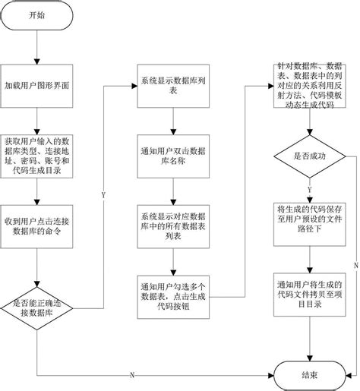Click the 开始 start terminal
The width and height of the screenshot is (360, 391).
[36, 16]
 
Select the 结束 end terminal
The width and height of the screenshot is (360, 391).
[310, 374]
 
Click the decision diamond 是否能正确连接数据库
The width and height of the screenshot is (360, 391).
[36, 308]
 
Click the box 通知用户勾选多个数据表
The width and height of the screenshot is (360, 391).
[172, 292]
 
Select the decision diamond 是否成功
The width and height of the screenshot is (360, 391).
[310, 155]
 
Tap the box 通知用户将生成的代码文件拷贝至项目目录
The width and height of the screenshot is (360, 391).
[310, 292]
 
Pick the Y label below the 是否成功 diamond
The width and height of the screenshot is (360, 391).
[310, 188]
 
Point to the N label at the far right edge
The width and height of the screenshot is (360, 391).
[355, 263]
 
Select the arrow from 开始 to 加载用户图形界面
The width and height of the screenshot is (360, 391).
[36, 50]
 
